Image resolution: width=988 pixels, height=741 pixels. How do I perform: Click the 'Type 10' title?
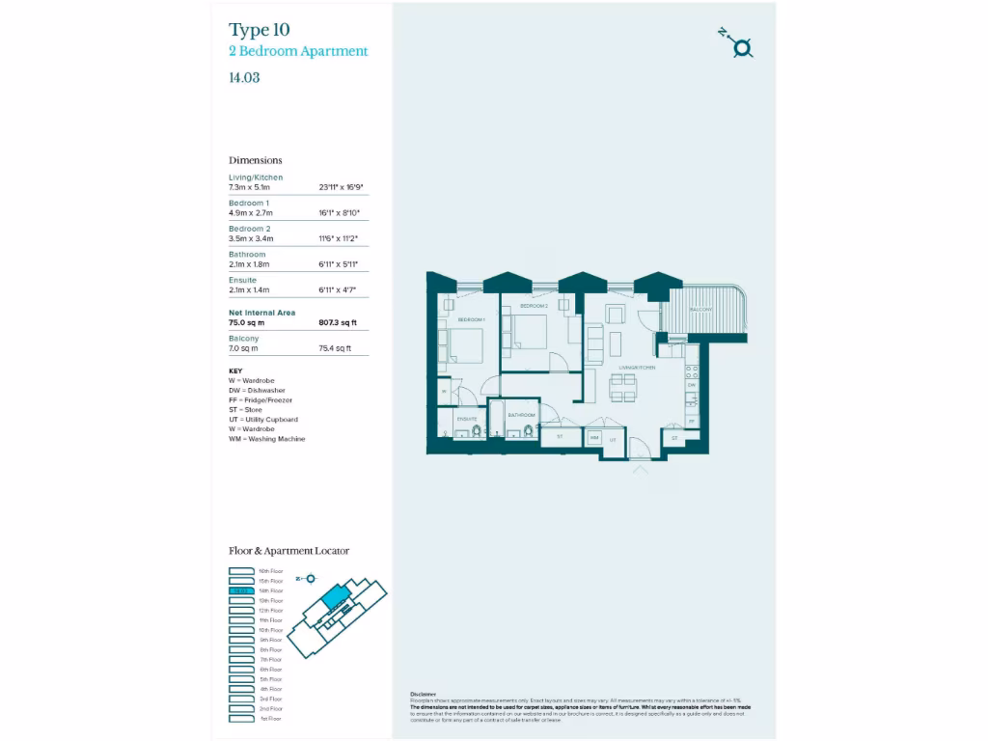click(x=259, y=29)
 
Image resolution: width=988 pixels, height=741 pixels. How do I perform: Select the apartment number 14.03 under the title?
click(x=244, y=78)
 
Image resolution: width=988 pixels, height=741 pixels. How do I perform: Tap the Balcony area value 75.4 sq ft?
click(x=335, y=348)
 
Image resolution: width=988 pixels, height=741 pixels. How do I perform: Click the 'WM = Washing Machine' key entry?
click(x=266, y=439)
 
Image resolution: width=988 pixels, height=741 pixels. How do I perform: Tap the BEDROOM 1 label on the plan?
click(x=471, y=319)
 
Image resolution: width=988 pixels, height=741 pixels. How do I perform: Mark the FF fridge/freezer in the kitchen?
click(x=691, y=422)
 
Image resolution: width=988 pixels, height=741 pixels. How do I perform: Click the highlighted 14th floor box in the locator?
click(x=241, y=590)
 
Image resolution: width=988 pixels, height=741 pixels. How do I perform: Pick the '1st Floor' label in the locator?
click(x=270, y=719)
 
